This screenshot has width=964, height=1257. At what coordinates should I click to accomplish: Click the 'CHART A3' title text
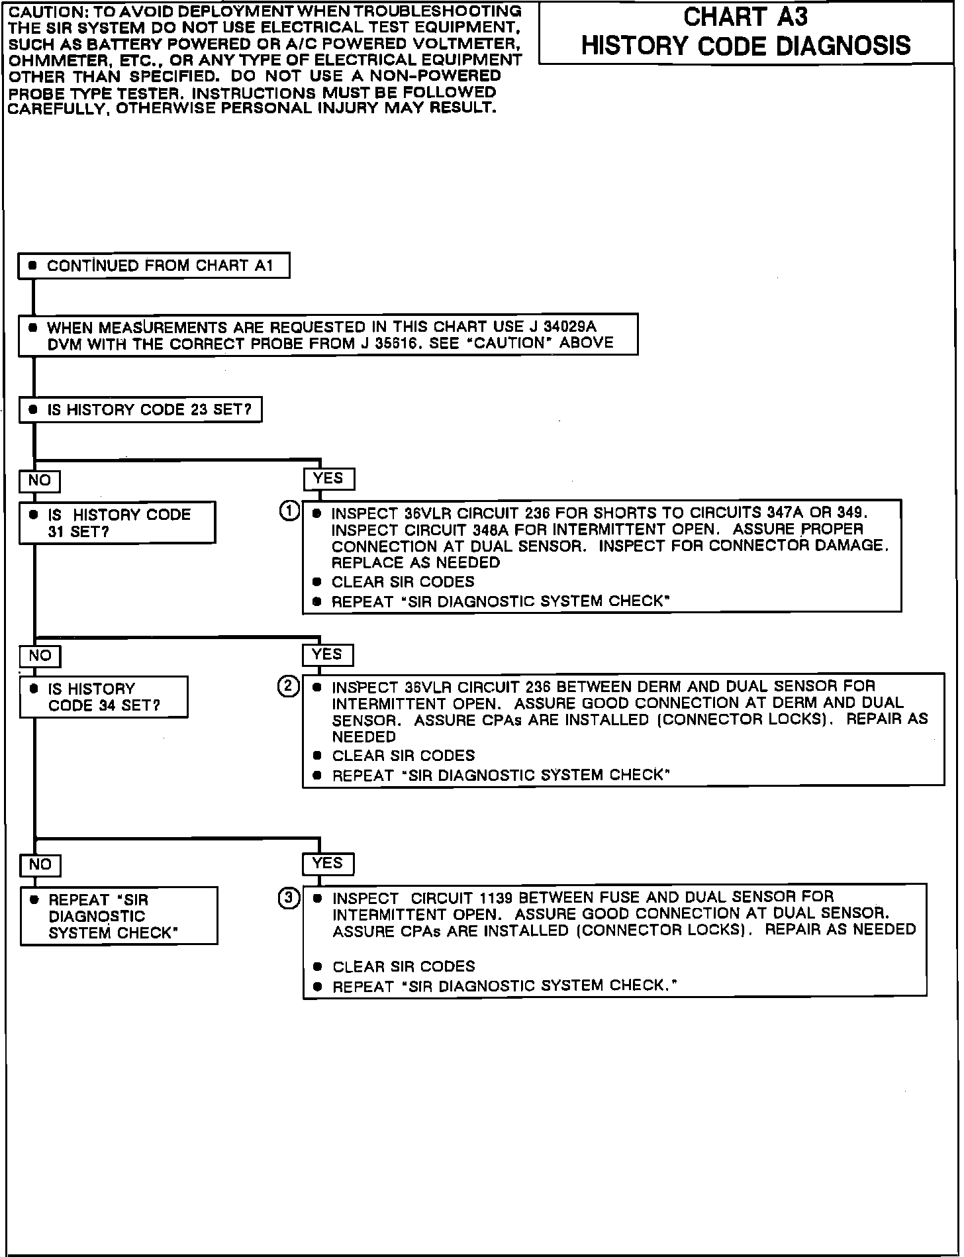pos(746,17)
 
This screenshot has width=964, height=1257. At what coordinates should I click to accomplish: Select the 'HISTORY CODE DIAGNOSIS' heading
pos(746,46)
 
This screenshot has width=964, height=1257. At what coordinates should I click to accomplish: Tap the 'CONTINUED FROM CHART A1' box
pos(154,266)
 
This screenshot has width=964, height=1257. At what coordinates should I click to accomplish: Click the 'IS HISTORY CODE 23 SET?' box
pos(140,410)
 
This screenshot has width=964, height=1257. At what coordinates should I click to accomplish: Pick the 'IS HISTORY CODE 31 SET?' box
pos(117,523)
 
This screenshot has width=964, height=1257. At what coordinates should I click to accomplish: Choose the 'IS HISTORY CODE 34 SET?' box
pos(104,697)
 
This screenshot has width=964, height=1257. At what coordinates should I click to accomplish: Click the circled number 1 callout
pos(289,511)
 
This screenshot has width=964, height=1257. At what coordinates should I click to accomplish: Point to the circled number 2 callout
pos(288,686)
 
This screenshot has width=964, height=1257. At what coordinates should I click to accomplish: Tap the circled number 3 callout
pos(289,898)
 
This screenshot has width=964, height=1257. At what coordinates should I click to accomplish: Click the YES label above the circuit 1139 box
pos(328,864)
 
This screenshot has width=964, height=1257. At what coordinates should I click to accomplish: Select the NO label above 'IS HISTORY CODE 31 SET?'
pos(40,481)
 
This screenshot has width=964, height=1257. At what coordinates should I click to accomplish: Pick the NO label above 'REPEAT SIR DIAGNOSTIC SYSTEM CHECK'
pos(40,865)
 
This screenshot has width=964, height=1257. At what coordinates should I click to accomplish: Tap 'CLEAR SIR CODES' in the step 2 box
pos(403,756)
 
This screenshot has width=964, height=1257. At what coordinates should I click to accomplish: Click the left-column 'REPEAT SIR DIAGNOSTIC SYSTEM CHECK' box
pos(119,916)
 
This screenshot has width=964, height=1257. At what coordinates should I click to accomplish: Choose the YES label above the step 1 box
pos(328,478)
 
